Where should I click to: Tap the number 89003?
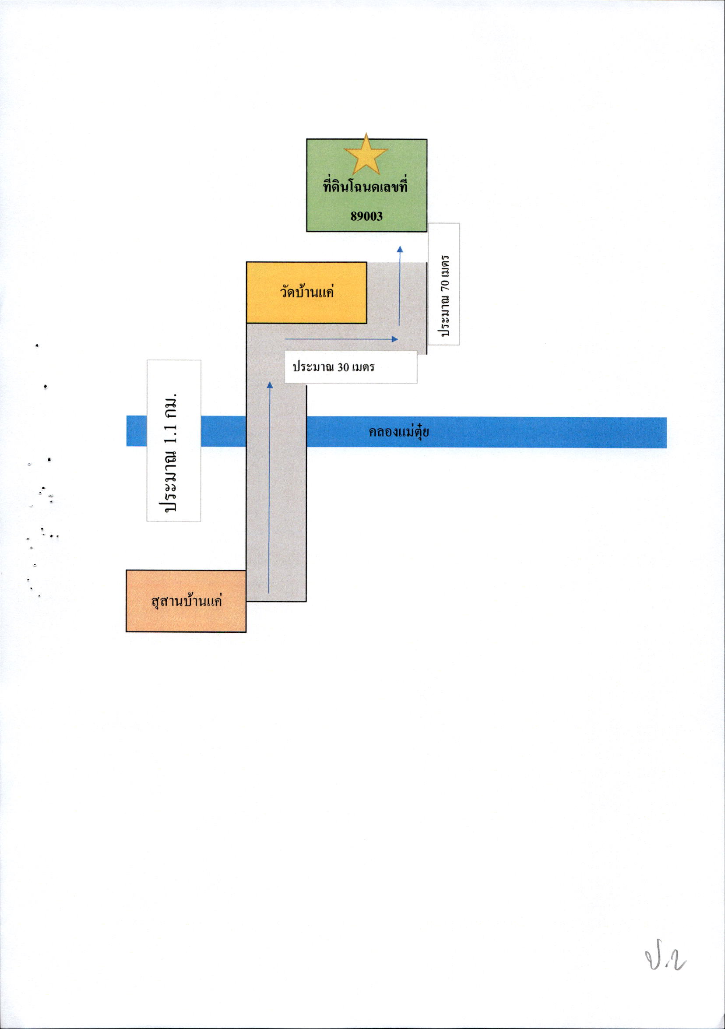pos(366,216)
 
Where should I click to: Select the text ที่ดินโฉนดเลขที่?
pos(366,186)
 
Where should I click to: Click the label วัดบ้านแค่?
pos(307,292)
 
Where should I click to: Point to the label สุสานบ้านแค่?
pos(187,601)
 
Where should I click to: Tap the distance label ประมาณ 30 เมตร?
pos(333,367)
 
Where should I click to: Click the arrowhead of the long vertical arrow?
pos(270,384)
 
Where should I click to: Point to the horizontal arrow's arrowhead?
pos(395,339)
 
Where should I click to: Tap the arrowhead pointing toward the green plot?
pos(400,249)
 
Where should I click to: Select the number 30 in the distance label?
pos(343,367)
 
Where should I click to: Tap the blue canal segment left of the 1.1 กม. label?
pos(137,431)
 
